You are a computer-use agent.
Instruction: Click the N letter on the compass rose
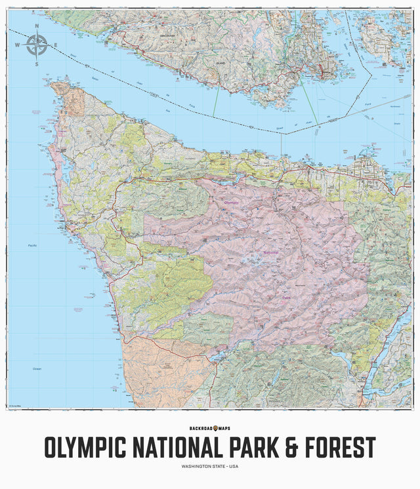click(x=37, y=27)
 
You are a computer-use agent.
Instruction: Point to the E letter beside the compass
click(x=56, y=45)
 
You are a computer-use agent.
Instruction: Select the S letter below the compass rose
click(x=37, y=64)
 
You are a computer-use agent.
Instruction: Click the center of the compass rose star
click(x=36, y=45)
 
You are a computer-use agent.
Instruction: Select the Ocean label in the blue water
click(x=37, y=369)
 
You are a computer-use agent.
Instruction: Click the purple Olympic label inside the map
click(x=231, y=203)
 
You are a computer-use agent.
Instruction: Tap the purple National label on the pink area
click(x=268, y=252)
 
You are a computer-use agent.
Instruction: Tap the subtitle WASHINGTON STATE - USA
click(x=210, y=467)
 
